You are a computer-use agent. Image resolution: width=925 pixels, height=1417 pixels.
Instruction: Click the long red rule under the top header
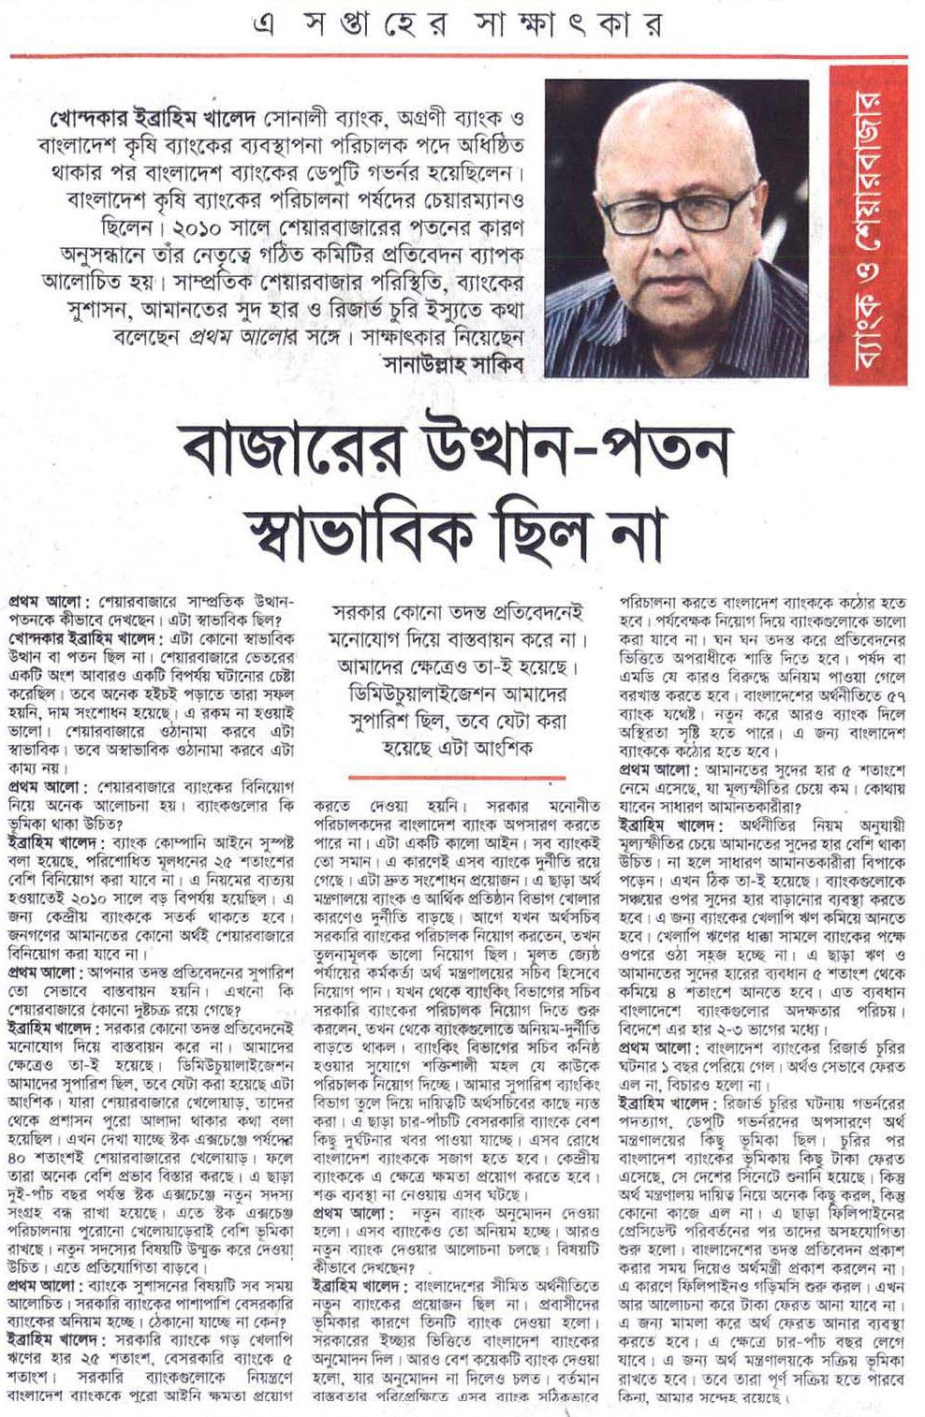(x=459, y=58)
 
